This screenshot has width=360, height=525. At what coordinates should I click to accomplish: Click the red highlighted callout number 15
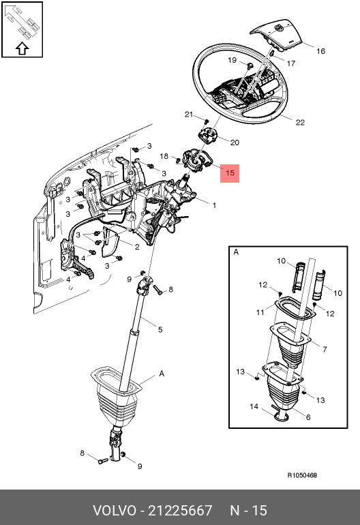pos(230,173)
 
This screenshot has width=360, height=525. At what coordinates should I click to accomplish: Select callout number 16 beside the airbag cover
pos(320,51)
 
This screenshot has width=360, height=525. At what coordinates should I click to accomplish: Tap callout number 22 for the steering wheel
pos(300,123)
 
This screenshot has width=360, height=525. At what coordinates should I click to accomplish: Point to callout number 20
pos(235,142)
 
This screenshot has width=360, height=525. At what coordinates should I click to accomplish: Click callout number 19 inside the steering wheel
pos(232,60)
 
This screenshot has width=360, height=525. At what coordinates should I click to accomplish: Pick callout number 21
pos(189,115)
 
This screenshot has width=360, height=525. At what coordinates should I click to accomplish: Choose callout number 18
pos(164,156)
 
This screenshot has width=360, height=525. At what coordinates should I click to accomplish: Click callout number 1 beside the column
pos(214,205)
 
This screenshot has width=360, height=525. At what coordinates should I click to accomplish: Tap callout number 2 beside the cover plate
pos(136,247)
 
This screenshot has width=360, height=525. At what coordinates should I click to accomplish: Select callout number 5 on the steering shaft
pos(160,330)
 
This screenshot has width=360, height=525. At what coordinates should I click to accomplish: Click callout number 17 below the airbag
pos(291,63)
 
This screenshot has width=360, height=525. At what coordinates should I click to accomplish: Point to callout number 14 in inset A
pos(254,406)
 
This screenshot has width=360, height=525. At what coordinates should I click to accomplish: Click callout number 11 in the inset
pos(260,312)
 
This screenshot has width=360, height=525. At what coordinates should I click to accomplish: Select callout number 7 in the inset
pos(325,350)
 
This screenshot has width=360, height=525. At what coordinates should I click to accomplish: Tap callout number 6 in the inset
pos(308,417)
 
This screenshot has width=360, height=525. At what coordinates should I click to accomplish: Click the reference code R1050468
pos(302,475)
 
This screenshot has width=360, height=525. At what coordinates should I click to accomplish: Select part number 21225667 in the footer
pos(180,511)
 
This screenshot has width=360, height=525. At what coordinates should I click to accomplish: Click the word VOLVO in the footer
pos(115,511)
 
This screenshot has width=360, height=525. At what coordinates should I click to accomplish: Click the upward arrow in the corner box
pos(22,48)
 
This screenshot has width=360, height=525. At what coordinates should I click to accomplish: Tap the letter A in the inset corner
pos(236,252)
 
